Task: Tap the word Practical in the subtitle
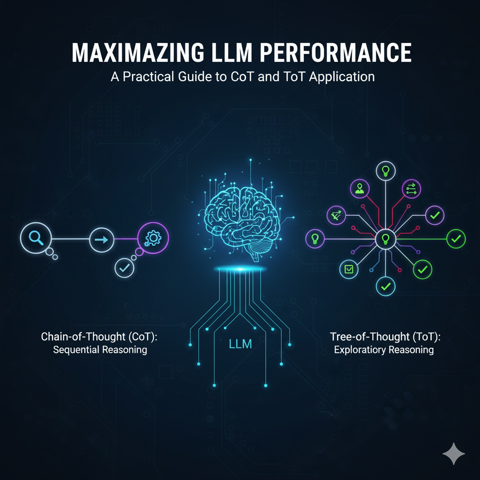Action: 154,77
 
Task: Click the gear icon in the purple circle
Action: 153,239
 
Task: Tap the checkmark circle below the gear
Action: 125,268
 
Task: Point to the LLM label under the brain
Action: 240,344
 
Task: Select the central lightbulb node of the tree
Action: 385,239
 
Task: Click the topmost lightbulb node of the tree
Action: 385,170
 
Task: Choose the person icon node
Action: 360,189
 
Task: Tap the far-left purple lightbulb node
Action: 315,239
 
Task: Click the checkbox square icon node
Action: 349,269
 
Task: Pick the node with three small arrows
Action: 411,189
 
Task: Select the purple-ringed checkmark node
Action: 434,215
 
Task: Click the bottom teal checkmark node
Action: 385,285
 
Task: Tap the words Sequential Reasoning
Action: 100,350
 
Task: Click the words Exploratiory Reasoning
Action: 384,350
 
